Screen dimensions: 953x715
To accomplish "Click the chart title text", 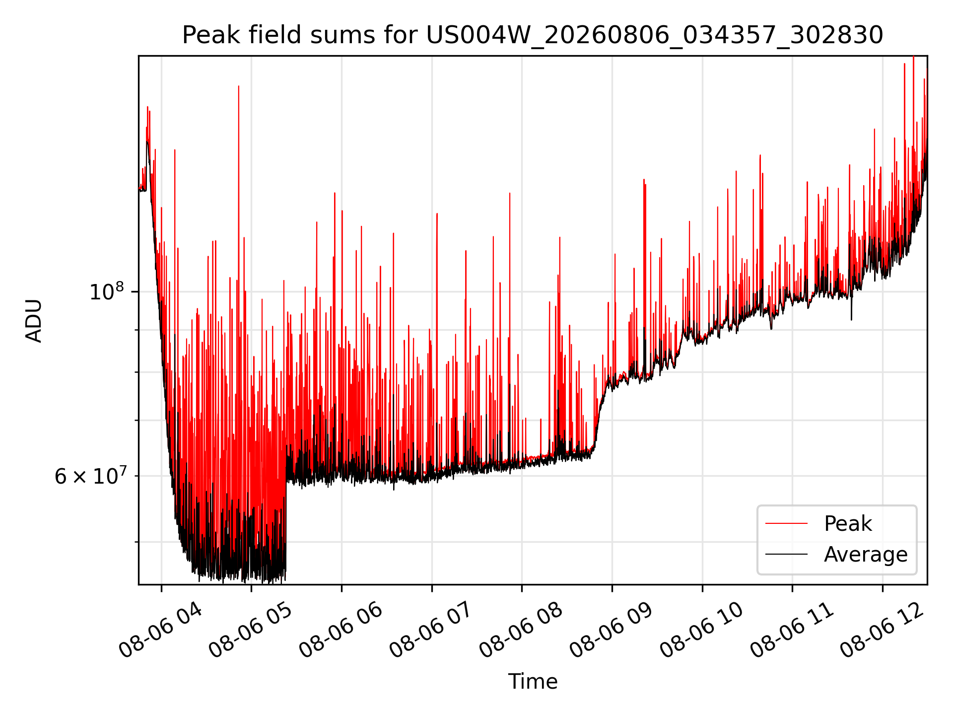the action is (x=533, y=35).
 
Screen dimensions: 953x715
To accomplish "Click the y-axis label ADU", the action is (x=34, y=320).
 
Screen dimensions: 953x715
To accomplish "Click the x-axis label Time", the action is (x=533, y=682).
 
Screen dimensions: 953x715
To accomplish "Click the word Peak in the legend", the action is (x=848, y=524).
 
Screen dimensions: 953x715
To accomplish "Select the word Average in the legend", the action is (x=866, y=554).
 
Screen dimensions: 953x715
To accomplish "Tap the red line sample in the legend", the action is (x=786, y=523).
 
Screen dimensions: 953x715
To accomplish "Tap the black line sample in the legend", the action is (x=786, y=554).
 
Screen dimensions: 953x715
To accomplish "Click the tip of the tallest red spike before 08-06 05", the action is (x=239, y=86).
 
